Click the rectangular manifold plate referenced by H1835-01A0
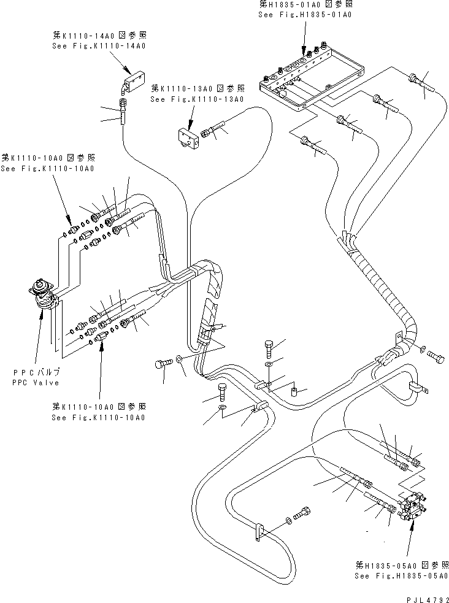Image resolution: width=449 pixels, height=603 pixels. (x=310, y=83)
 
